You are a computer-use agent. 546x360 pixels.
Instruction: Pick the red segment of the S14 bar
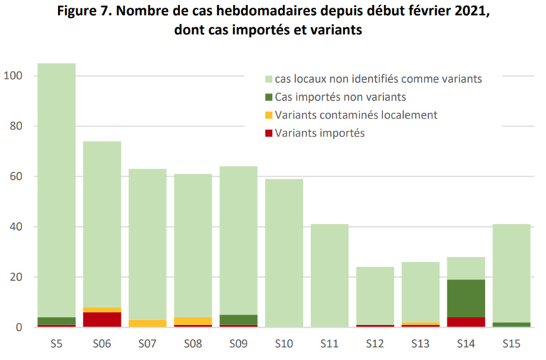465,322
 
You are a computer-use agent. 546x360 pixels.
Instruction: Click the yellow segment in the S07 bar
147,324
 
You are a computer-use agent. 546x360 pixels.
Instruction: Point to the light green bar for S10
284,253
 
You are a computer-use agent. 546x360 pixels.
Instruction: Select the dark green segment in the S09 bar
238,320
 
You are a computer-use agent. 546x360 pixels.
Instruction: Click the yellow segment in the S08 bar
193,321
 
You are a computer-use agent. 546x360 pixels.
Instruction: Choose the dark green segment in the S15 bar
511,324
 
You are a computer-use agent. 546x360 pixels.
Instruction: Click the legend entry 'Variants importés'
319,132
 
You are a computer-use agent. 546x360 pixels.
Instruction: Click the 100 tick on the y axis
14,76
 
